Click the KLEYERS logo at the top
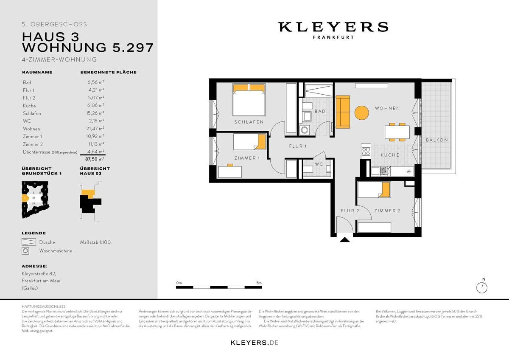tap(333, 27)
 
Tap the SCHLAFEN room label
tap(249, 122)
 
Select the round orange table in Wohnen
tap(362, 112)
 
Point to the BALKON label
tap(437, 140)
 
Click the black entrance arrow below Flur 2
tap(345, 240)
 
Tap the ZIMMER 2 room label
tap(387, 211)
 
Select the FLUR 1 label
tap(298, 146)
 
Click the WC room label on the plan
tap(319, 164)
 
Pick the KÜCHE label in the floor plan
tap(389, 155)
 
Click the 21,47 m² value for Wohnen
tap(96, 129)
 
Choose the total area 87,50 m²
tap(96, 159)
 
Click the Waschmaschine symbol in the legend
tap(26, 251)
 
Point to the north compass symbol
tap(483, 287)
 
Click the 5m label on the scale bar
tap(259, 282)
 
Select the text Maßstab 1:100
tap(95, 242)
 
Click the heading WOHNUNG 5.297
tap(87, 47)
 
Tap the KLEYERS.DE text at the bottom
tap(254, 342)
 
